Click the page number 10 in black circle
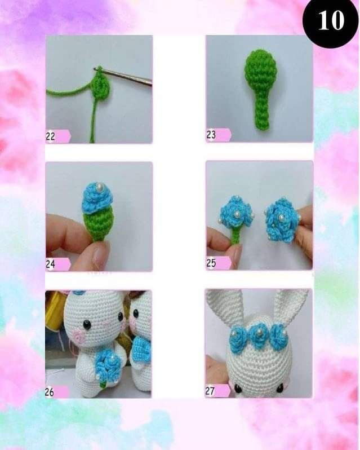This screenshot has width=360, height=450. click(331, 21)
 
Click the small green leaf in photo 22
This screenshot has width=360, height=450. click(100, 86)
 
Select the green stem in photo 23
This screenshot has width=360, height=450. click(263, 113)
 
